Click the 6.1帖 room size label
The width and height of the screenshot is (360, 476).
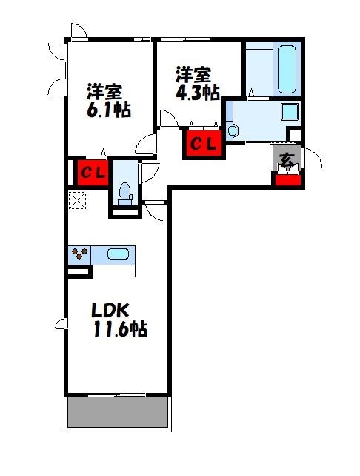coord(108,110)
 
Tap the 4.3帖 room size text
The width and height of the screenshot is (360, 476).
coord(197,92)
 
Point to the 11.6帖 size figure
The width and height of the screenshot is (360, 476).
coord(119,330)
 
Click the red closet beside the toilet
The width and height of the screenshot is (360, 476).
coord(93,173)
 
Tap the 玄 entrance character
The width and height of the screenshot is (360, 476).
coord(286,157)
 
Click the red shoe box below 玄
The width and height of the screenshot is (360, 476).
coord(287,179)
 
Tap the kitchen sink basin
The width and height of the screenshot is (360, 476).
coord(118,254)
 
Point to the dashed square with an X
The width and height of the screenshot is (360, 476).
coord(77,199)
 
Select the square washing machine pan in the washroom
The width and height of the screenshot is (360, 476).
coord(289,113)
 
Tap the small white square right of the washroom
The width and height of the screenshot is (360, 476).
coord(295,136)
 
